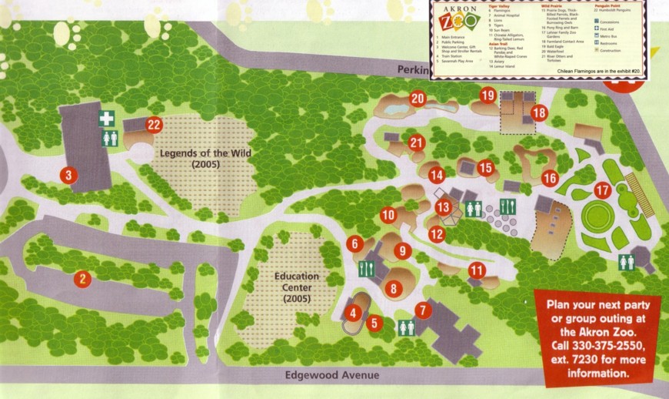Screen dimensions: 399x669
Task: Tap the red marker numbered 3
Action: (68, 176)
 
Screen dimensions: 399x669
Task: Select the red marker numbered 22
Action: (155, 124)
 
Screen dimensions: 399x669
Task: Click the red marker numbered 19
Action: (488, 95)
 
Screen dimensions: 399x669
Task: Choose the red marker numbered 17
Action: (602, 190)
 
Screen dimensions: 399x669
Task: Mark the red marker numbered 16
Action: (550, 178)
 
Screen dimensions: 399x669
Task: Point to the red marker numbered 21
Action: (417, 142)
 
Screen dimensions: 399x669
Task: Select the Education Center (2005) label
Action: (295, 287)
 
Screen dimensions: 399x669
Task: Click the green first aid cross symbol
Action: (108, 119)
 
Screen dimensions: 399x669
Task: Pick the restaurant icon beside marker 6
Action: (367, 269)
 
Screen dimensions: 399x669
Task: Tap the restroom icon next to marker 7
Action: (406, 327)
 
